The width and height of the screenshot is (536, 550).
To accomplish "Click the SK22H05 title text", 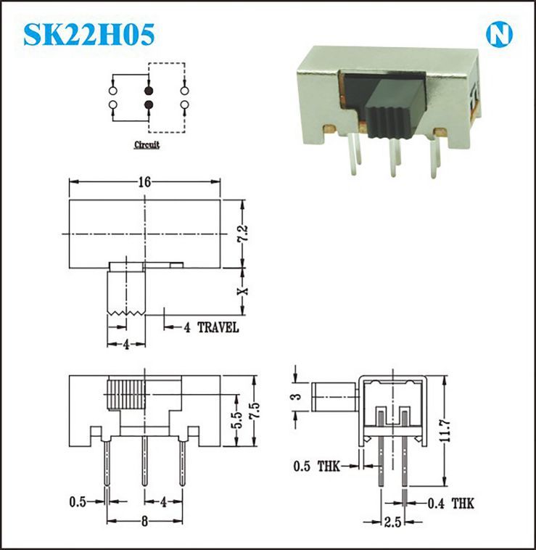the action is (x=89, y=34).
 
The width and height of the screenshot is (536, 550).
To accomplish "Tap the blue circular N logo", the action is (x=499, y=35).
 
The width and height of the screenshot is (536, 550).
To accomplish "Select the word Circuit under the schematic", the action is (x=147, y=144).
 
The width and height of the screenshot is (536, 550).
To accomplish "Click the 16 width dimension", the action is (x=144, y=181).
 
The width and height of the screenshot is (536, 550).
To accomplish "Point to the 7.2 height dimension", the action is (x=244, y=233).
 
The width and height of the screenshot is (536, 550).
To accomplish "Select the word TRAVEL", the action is (x=218, y=327).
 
